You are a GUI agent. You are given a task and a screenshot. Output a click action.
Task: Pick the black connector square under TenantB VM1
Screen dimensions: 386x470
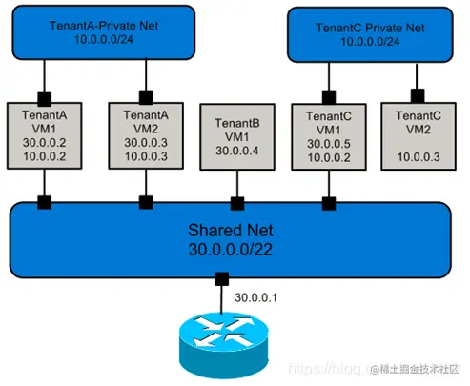[234, 201]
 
